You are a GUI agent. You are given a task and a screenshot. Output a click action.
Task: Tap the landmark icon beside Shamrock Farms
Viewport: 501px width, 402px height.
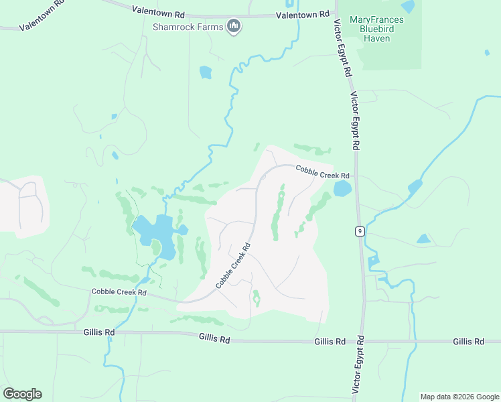click(234, 27)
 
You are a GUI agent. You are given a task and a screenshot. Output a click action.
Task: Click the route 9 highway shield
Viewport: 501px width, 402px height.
click(360, 231)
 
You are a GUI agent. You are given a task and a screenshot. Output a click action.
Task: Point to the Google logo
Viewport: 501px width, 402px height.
click(22, 393)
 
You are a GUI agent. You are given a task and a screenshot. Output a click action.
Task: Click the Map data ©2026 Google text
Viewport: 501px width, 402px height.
click(459, 397)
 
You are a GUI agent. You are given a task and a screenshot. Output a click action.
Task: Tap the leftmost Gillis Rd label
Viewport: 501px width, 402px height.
click(99, 332)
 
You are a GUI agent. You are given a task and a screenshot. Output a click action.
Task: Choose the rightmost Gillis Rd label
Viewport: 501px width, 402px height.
click(468, 342)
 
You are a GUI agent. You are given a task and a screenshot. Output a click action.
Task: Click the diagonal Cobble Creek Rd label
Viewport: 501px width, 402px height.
click(233, 265)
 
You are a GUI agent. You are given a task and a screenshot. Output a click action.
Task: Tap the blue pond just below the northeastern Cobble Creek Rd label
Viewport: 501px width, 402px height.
click(342, 188)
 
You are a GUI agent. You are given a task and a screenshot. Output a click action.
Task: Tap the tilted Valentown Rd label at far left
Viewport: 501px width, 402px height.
click(41, 21)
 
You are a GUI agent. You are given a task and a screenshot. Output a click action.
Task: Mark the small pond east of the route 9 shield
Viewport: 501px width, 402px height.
click(423, 239)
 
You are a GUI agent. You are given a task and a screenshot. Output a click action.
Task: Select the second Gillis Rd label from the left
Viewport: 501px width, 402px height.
click(214, 340)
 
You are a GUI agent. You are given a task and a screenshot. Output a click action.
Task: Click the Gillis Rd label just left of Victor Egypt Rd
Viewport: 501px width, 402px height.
click(330, 342)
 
